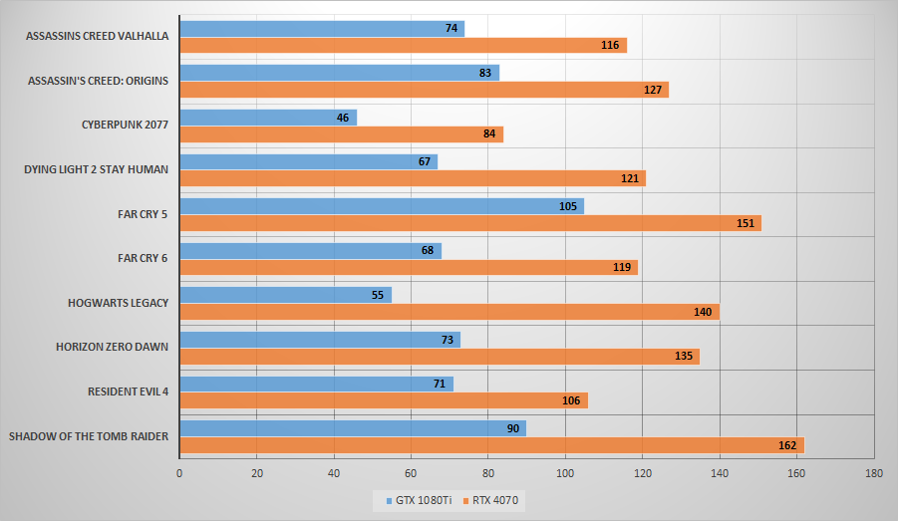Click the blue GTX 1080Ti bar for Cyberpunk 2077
[267, 118]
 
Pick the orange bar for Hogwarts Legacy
[449, 312]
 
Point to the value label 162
[787, 445]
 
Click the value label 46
[343, 118]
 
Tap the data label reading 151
[745, 223]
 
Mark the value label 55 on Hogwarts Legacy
[378, 295]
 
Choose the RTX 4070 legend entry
[492, 499]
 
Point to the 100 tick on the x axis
[565, 473]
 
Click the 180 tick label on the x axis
[874, 473]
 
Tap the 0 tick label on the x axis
[179, 473]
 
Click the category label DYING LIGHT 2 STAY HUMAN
[96, 169]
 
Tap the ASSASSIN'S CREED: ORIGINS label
[99, 81]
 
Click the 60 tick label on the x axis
[411, 473]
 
